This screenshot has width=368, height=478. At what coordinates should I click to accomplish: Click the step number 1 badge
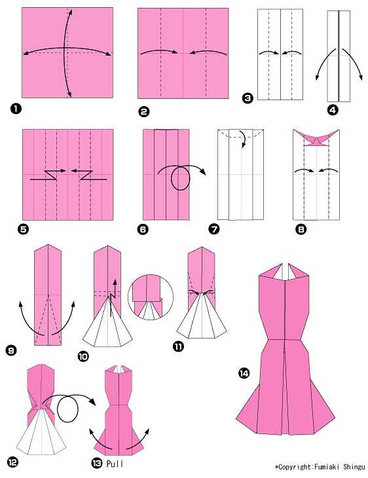pyautogui.click(x=16, y=109)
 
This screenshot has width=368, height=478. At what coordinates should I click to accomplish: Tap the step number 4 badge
pyautogui.click(x=333, y=110)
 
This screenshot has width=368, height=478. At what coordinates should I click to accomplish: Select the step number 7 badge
pyautogui.click(x=214, y=229)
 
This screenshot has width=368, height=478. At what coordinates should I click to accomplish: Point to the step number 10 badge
pyautogui.click(x=83, y=356)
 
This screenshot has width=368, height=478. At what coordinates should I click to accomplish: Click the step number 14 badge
pyautogui.click(x=244, y=373)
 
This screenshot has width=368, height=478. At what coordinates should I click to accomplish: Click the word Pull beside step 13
pyautogui.click(x=115, y=464)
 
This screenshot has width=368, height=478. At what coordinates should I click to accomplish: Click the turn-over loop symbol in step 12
pyautogui.click(x=67, y=409)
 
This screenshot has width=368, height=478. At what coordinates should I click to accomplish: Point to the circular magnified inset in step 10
pyautogui.click(x=151, y=297)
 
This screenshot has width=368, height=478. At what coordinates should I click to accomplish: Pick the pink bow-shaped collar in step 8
pyautogui.click(x=316, y=138)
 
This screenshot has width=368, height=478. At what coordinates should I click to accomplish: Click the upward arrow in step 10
pyautogui.click(x=115, y=288)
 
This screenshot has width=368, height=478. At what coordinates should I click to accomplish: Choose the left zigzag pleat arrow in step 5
pyautogui.click(x=48, y=175)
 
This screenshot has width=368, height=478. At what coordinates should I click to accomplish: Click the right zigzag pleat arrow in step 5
pyautogui.click(x=89, y=175)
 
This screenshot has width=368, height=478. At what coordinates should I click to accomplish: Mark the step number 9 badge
pyautogui.click(x=10, y=350)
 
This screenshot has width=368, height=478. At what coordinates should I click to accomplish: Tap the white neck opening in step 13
pyautogui.click(x=119, y=369)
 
